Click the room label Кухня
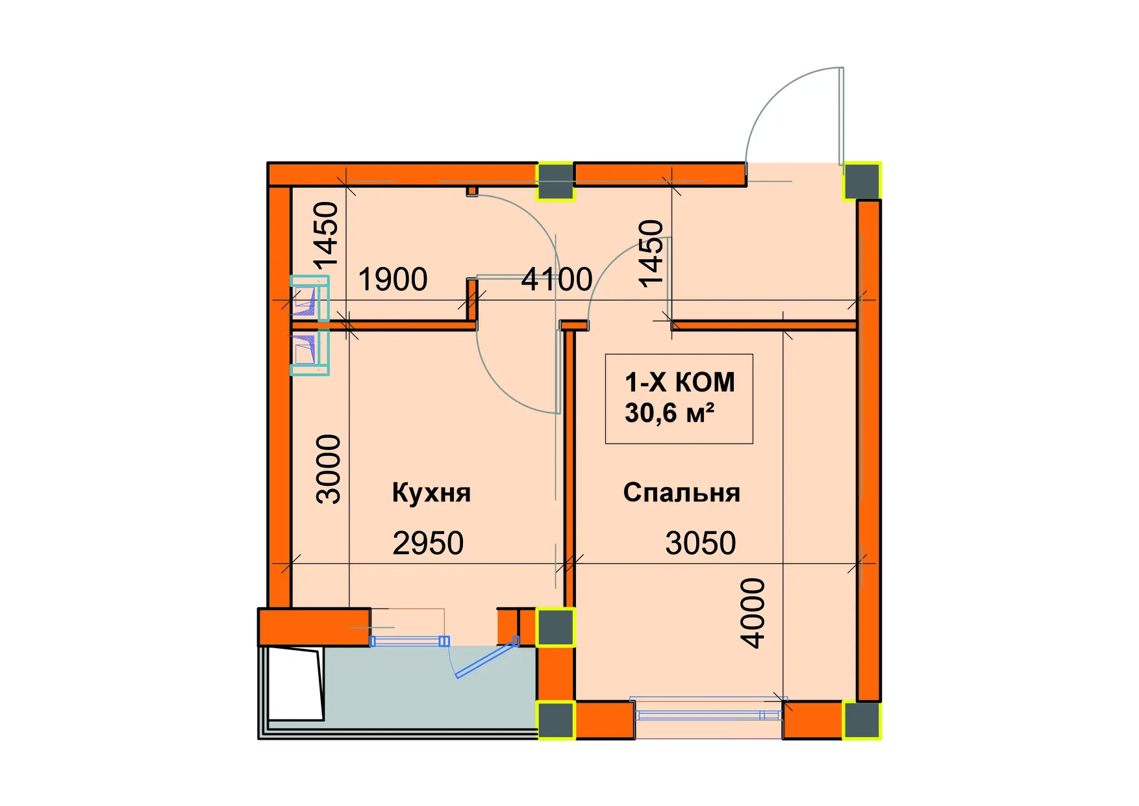click(431, 493)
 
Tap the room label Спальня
click(681, 493)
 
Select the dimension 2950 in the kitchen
click(428, 543)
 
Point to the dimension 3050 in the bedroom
click(700, 543)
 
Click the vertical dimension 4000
click(753, 612)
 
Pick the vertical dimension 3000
click(329, 469)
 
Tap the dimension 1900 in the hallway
click(392, 279)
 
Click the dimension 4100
click(557, 279)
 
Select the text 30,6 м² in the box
click(670, 413)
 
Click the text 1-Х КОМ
click(679, 383)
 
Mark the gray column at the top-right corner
click(862, 181)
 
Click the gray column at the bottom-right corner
click(862, 720)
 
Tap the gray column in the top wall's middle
click(555, 181)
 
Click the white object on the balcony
click(295, 684)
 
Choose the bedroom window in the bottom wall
click(708, 715)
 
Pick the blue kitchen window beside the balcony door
click(409, 642)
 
